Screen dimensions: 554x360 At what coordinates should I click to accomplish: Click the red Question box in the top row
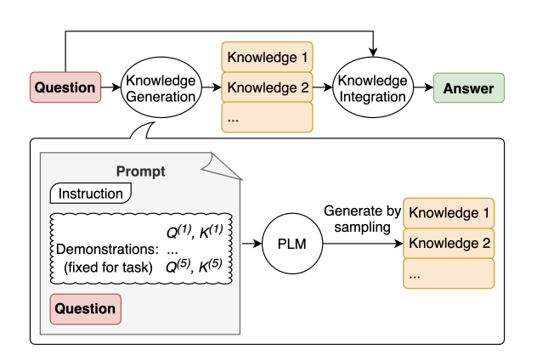[65, 87]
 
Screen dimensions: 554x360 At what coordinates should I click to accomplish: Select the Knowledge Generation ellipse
[161, 87]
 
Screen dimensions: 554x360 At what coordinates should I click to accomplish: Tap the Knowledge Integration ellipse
[373, 87]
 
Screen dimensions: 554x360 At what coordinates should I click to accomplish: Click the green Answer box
[469, 88]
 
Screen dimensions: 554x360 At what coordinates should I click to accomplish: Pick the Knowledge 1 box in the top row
[267, 57]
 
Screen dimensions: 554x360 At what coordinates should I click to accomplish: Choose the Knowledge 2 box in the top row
[267, 87]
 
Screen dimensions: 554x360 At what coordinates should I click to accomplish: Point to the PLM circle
[292, 244]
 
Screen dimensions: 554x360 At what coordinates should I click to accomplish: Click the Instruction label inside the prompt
[91, 194]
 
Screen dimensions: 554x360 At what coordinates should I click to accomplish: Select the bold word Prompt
[140, 172]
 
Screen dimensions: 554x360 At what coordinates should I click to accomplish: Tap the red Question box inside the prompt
[86, 309]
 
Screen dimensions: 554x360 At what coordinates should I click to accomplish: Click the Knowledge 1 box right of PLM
[449, 213]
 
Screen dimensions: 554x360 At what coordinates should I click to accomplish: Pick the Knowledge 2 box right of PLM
[449, 244]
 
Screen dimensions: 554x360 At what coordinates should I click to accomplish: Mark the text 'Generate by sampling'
[363, 219]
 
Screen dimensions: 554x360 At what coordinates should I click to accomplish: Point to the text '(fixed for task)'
[108, 267]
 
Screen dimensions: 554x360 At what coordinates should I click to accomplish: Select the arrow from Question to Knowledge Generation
[111, 87]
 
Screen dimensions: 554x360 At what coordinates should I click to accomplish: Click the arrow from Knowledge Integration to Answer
[423, 87]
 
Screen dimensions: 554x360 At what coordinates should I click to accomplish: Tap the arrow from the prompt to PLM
[252, 244]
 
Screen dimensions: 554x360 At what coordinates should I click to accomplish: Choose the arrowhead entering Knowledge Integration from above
[373, 53]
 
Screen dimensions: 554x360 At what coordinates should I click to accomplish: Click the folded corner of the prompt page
[223, 166]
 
